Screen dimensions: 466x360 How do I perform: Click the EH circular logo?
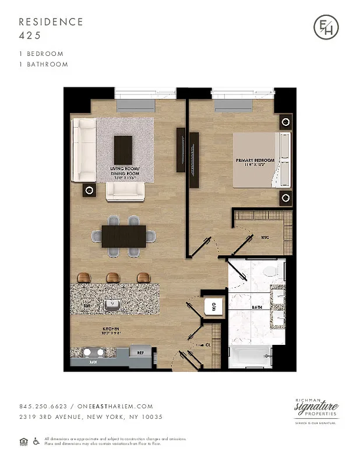coord(325,27)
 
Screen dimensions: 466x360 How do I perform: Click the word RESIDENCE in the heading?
coord(51,22)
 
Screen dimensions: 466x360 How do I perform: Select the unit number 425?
coord(29,35)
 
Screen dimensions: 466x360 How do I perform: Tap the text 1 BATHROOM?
coord(43,64)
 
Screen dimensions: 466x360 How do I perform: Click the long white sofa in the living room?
coord(83,150)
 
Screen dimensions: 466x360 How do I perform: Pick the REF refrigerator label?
coord(140,352)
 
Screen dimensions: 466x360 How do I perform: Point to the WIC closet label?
coord(264,237)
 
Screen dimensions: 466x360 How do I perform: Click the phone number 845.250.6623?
coord(43,407)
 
